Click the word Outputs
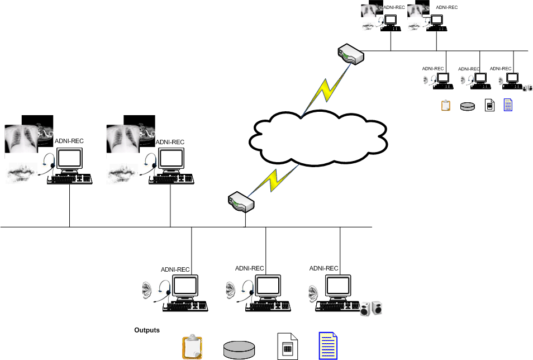click(x=147, y=330)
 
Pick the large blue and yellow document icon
click(x=327, y=346)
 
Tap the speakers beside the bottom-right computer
click(x=372, y=308)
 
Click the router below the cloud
click(x=242, y=202)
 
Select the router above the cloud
click(x=351, y=55)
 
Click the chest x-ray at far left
click(x=21, y=139)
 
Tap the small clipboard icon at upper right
click(x=446, y=105)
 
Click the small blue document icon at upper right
click(x=508, y=105)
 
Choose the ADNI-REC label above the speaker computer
click(x=324, y=268)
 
